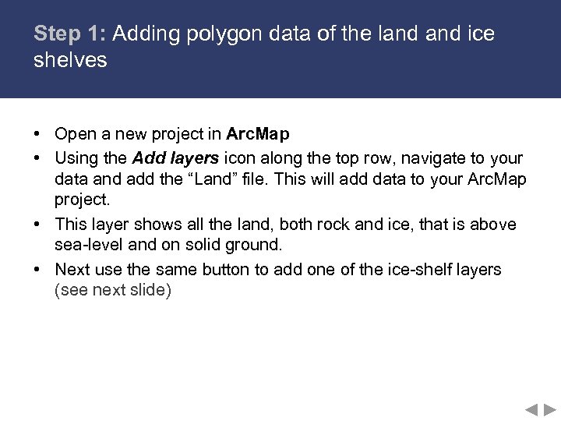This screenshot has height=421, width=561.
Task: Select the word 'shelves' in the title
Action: pyautogui.click(x=70, y=60)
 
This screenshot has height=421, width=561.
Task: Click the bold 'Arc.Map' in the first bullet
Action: pyautogui.click(x=258, y=134)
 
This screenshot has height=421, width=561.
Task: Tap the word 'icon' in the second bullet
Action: pyautogui.click(x=241, y=157)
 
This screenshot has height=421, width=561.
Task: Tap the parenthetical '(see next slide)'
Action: pyautogui.click(x=113, y=291)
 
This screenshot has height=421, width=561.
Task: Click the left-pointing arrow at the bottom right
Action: pyautogui.click(x=531, y=409)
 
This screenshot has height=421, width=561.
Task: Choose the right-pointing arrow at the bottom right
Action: pyautogui.click(x=550, y=409)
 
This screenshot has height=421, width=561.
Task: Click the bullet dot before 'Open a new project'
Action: pyautogui.click(x=37, y=135)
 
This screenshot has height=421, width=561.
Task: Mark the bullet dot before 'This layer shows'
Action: pyautogui.click(x=37, y=225)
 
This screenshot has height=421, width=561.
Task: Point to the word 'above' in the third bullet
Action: pyautogui.click(x=492, y=225)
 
